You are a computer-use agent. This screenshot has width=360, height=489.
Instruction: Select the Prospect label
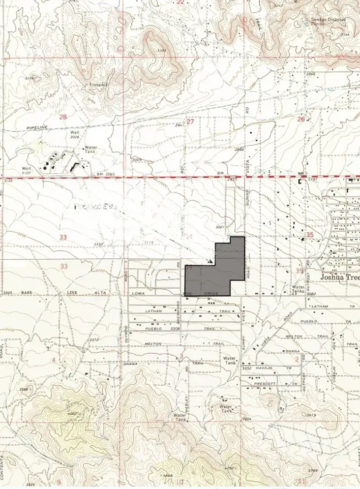point(98,85)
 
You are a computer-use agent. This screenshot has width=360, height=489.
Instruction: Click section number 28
point(63,117)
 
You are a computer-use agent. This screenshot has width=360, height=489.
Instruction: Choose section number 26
point(301,119)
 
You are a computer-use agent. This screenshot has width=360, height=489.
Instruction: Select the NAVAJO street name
point(266,368)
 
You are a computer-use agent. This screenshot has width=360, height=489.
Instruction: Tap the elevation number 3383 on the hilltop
point(162,51)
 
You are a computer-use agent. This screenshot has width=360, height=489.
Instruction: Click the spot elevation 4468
point(168,476)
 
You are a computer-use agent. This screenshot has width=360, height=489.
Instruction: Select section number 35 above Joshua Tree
point(309,235)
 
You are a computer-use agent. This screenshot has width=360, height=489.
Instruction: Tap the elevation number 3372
point(94,340)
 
